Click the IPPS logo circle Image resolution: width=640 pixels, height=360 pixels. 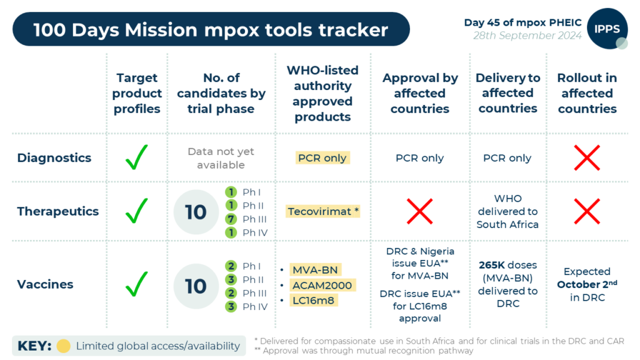point(607,29)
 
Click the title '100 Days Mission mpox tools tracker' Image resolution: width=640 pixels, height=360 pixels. point(211,29)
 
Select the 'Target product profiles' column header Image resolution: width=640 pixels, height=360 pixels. point(137,93)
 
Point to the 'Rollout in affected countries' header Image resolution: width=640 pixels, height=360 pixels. point(587,93)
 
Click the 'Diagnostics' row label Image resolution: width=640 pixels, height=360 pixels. point(54,158)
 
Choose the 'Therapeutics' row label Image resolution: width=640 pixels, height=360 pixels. point(58,211)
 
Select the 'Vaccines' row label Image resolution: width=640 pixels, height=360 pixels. point(46,284)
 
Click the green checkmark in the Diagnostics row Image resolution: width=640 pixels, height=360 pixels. point(137,157)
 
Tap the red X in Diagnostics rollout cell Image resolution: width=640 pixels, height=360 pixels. point(587,157)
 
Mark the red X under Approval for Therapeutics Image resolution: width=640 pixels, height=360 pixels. point(420,211)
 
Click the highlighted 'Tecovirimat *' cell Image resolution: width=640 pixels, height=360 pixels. point(323,211)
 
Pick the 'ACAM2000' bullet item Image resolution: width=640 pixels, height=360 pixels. point(322,286)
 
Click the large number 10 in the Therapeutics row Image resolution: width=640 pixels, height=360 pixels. point(196,212)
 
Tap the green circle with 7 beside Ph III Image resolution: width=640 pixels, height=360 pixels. point(231,219)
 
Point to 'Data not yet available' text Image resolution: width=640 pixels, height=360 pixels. point(221,158)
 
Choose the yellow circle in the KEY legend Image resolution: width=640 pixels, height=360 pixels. point(63,346)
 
